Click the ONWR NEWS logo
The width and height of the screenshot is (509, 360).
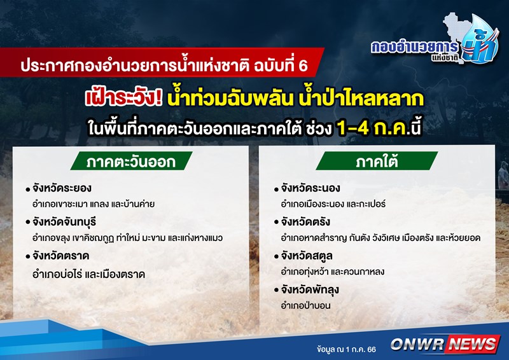click(444, 344)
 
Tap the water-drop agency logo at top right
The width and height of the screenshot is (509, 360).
click(436, 39)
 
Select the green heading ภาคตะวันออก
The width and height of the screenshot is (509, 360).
click(131, 161)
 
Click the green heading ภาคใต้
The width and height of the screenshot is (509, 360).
click(377, 161)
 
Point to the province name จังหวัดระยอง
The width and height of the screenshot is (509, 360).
click(62, 188)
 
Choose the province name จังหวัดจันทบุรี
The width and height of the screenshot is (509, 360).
click(64, 223)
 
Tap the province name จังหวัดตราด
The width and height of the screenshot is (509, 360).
click(60, 256)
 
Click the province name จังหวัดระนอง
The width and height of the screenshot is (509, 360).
click(310, 188)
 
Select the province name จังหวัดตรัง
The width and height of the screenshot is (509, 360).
click(305, 223)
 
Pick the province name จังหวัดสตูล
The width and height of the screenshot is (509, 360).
click(307, 256)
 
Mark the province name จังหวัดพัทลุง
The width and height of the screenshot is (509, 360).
click(310, 290)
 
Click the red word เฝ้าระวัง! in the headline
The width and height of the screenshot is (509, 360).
click(123, 98)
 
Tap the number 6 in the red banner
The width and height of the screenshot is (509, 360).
click(303, 66)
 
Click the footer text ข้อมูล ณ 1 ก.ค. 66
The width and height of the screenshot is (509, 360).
click(346, 349)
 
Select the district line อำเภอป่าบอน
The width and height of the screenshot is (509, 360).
click(306, 305)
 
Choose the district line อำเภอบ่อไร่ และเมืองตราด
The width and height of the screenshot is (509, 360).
click(88, 275)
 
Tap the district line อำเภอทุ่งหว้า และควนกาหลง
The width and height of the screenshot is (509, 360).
click(333, 272)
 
